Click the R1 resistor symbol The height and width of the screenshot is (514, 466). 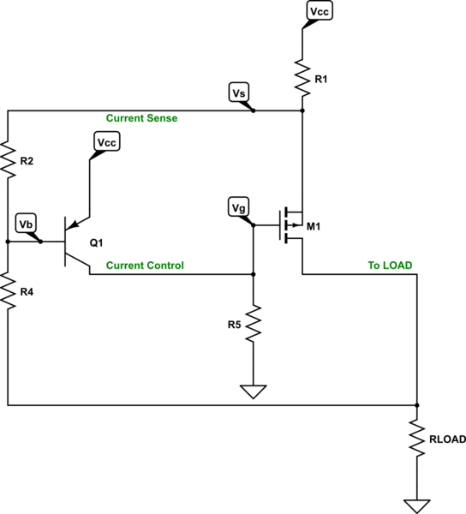303,77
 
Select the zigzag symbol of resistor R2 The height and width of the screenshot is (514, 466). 8,160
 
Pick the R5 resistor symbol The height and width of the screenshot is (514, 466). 253,326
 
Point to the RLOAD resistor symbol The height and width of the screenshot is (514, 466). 417,439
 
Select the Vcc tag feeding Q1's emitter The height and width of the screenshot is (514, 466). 107,142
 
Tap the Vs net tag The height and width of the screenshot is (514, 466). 241,92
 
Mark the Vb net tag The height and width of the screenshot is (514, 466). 27,224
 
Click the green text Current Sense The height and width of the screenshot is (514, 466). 141,117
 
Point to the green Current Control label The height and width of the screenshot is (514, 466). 144,266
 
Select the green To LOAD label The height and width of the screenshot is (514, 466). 390,266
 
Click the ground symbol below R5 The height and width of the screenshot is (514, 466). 253,392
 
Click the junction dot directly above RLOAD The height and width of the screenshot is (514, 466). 417,405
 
